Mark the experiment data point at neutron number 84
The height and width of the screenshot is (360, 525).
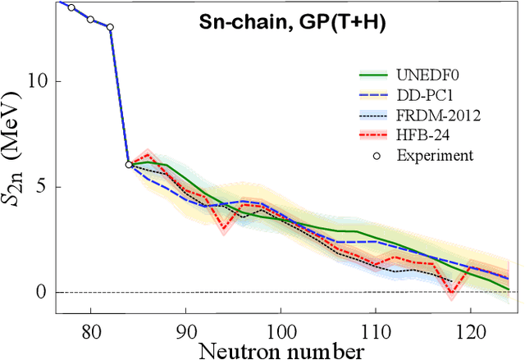point(129,164)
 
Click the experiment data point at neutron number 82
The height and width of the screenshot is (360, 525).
point(110,27)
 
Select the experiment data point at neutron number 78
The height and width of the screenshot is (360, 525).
point(71,7)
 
